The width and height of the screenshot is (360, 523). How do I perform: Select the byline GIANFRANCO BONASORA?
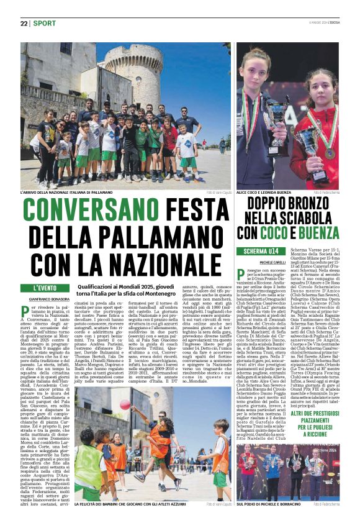[x=49, y=300]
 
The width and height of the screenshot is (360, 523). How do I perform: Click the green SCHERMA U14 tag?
[x=260, y=251]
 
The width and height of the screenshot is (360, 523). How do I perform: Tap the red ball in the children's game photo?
[x=125, y=404]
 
